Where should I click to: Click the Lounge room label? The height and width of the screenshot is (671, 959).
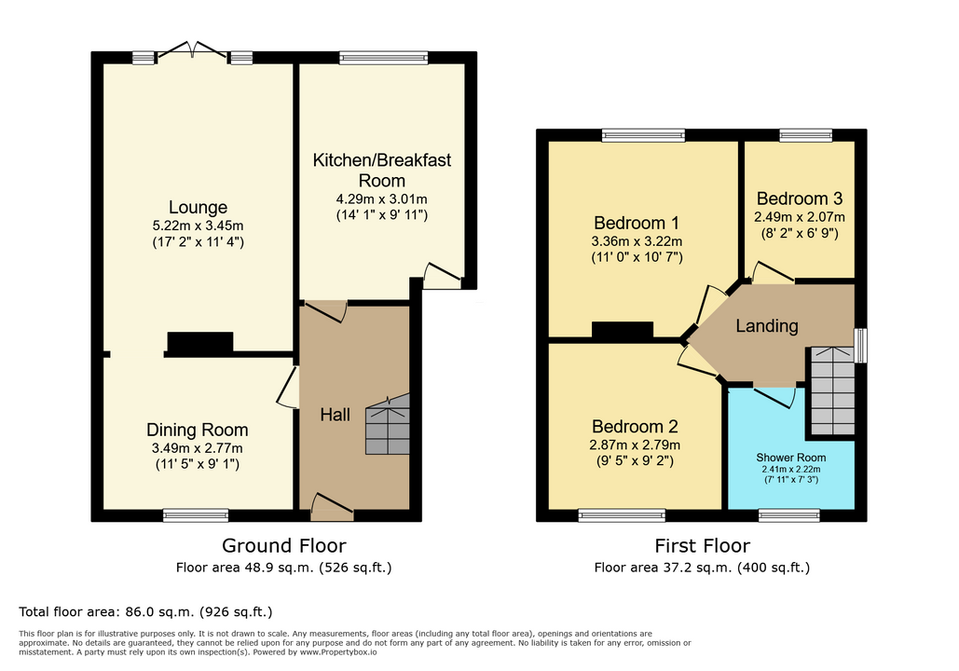pos(198,207)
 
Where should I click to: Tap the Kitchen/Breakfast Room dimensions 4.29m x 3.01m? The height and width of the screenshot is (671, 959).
pos(382,199)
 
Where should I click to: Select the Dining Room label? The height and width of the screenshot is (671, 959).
pos(197,430)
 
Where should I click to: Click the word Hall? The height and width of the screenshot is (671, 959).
pos(336,415)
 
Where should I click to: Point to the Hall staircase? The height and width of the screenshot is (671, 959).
pos(388,424)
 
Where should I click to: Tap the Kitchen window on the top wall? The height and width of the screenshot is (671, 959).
pos(383,58)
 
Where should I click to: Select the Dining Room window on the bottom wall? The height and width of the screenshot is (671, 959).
pos(196,515)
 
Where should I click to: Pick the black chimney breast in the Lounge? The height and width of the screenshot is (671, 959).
pos(200,342)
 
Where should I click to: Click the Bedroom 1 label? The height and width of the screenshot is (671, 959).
pos(637,223)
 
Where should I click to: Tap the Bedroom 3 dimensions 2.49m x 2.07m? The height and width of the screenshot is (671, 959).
pos(800,217)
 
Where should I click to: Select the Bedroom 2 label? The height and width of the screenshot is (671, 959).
pos(635,426)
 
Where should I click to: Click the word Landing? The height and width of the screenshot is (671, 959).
pos(767,326)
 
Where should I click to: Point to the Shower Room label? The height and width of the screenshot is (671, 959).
pos(791,458)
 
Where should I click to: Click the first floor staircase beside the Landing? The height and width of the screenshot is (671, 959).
pos(832,390)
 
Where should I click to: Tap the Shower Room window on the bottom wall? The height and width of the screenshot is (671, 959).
pos(789,515)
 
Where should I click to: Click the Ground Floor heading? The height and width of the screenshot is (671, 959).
pos(283,545)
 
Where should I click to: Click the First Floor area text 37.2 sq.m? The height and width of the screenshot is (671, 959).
pos(697,568)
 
